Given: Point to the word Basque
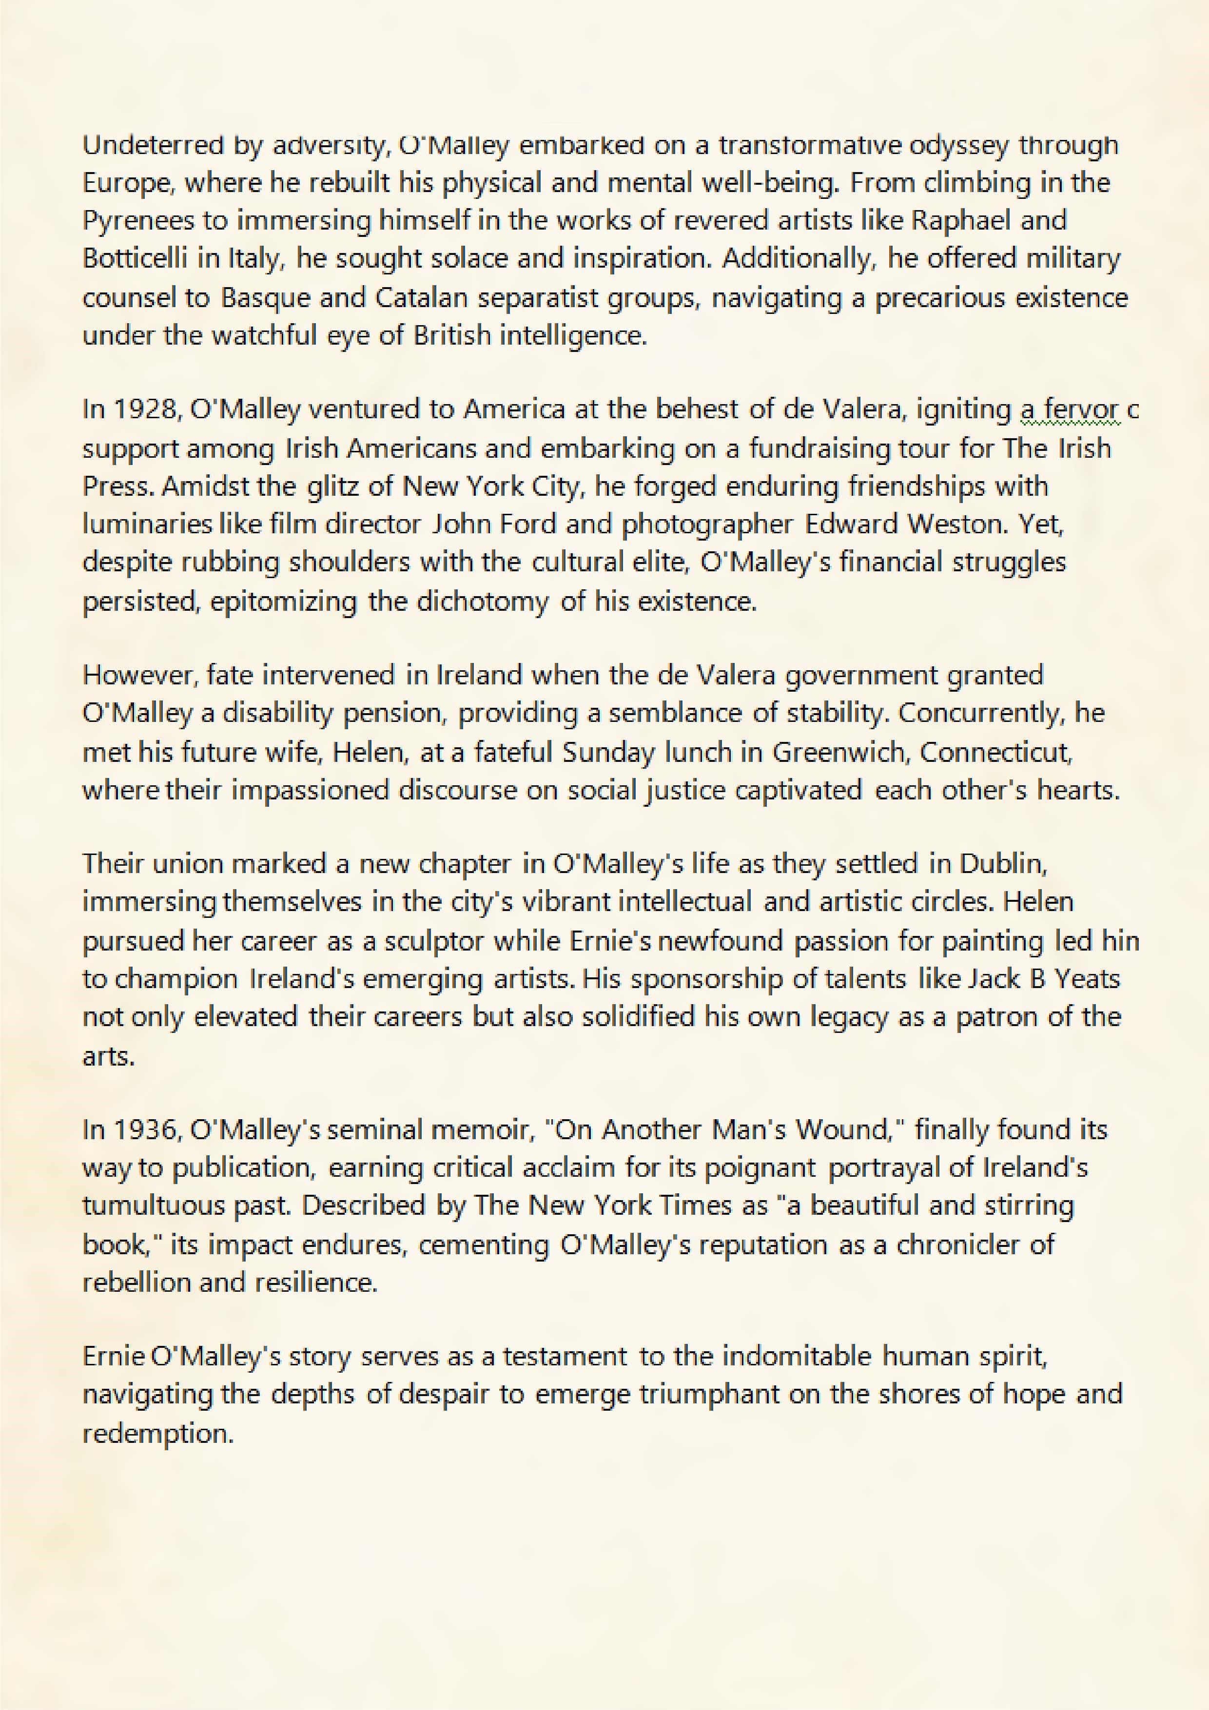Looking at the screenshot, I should click(x=264, y=297).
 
